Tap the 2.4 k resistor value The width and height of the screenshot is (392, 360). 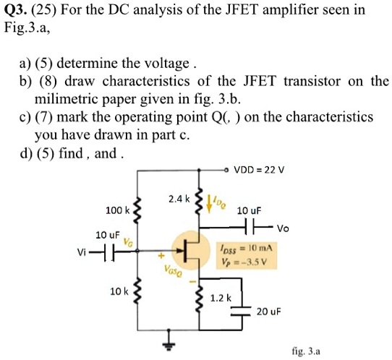(177, 197)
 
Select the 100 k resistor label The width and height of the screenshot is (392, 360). (117, 210)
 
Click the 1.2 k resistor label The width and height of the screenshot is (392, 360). (219, 297)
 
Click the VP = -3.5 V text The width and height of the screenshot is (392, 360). (244, 258)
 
